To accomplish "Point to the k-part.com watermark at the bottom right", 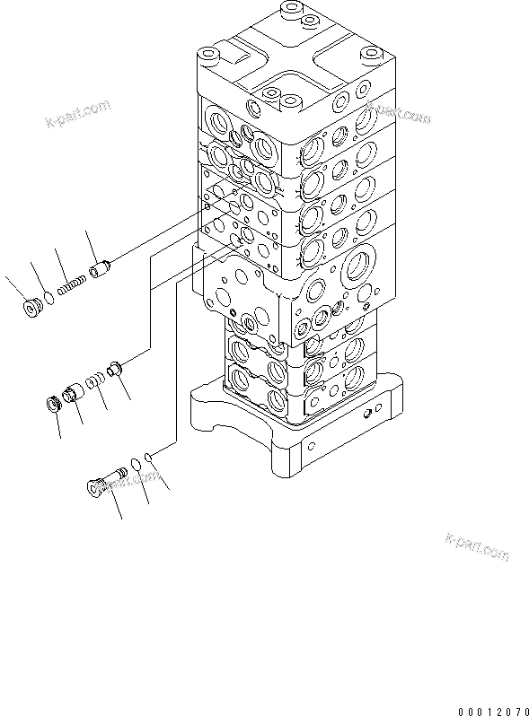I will [x=476, y=546].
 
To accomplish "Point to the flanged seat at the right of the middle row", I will [x=114, y=367].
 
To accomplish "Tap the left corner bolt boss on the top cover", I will [x=209, y=57].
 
